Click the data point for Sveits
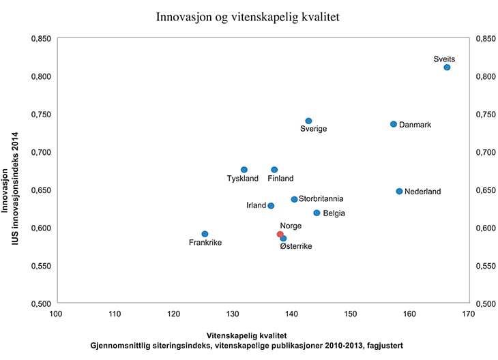click(447, 67)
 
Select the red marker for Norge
click(280, 235)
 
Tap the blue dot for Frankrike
click(205, 234)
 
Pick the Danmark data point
click(394, 124)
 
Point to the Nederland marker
click(399, 192)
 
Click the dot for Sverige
click(308, 121)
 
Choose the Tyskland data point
click(244, 170)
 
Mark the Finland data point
click(274, 170)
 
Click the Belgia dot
click(317, 213)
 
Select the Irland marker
click(271, 205)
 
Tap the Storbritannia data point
click(294, 199)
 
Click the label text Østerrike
click(296, 246)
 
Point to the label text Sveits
click(444, 59)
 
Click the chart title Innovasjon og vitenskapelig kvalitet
click(248, 16)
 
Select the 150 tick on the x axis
click(350, 314)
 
